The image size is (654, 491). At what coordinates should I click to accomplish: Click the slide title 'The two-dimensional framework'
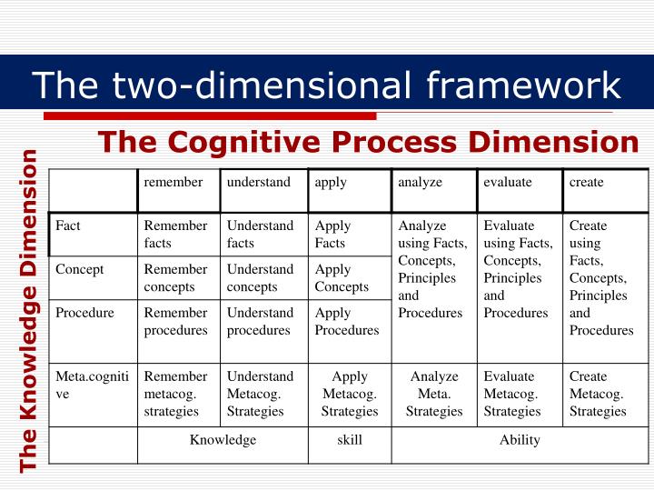[x=327, y=85]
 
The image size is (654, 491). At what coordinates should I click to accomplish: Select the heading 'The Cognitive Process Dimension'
[x=369, y=142]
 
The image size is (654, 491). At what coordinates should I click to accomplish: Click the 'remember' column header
[x=173, y=182]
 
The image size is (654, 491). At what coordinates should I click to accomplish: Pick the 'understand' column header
[x=259, y=182]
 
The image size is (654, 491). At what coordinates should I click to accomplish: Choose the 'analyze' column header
[x=420, y=182]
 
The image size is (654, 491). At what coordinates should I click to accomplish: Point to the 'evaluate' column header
[x=508, y=182]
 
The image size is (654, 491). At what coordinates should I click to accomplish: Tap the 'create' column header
[x=586, y=182]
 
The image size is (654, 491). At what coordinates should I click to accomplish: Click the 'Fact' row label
[x=68, y=225]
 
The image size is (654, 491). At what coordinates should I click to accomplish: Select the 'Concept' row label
[x=80, y=269]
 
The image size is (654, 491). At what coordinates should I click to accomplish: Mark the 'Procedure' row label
[x=84, y=313]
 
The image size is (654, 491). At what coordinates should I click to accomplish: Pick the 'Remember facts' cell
[x=175, y=235]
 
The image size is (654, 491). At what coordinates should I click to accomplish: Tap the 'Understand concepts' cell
[x=260, y=278]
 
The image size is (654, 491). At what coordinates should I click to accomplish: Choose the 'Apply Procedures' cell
[x=346, y=322]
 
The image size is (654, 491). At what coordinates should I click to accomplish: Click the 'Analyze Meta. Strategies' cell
[x=434, y=394]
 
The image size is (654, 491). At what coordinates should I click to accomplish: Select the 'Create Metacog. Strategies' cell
[x=597, y=394]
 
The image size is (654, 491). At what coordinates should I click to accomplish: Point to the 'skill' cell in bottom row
[x=350, y=440]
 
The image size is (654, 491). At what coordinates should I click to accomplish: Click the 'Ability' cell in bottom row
[x=520, y=440]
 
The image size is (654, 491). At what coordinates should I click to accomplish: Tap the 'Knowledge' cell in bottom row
[x=223, y=440]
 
